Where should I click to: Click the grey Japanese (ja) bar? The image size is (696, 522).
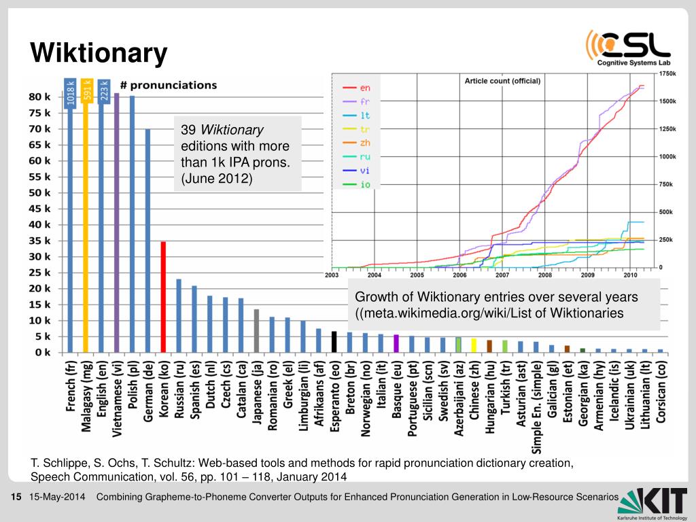pos(256,330)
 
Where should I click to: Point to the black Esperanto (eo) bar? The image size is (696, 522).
pos(334,341)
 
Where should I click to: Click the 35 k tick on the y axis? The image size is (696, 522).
pos(39,241)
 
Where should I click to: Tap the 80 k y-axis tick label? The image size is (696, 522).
pos(39,97)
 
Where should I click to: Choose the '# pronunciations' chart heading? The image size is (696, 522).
pos(169,85)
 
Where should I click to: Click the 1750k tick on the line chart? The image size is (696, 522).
pos(667,73)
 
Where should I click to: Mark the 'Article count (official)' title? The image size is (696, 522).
pos(502,81)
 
